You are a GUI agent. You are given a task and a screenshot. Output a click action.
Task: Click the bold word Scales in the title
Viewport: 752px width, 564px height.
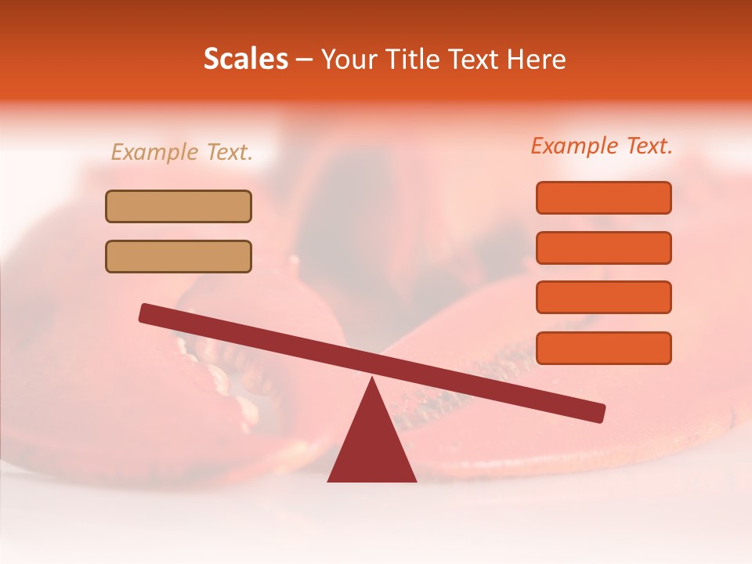tap(245, 59)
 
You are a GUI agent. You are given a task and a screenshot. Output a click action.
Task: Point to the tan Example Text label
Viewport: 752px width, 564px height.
tap(182, 153)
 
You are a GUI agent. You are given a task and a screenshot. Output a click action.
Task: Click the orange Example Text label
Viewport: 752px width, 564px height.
tap(602, 146)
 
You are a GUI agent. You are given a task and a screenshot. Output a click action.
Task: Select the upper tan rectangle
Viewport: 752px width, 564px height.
tap(179, 206)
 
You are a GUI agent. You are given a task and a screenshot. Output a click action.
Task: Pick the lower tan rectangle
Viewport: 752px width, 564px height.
tap(179, 256)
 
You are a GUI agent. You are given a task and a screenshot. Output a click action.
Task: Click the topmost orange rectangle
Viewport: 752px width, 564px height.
tap(603, 197)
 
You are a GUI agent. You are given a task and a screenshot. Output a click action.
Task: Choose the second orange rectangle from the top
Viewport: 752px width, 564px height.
tap(603, 248)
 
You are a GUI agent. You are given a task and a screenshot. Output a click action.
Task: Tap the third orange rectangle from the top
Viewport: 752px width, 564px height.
tap(603, 298)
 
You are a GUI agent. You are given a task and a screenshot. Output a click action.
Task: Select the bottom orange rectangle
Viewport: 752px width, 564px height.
tap(603, 348)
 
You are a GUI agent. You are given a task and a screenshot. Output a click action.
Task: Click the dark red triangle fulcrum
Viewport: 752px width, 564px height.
tap(371, 446)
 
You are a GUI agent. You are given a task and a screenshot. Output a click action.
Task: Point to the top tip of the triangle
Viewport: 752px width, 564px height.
tap(372, 380)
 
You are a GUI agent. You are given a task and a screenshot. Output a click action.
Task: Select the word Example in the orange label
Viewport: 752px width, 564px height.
tap(574, 146)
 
